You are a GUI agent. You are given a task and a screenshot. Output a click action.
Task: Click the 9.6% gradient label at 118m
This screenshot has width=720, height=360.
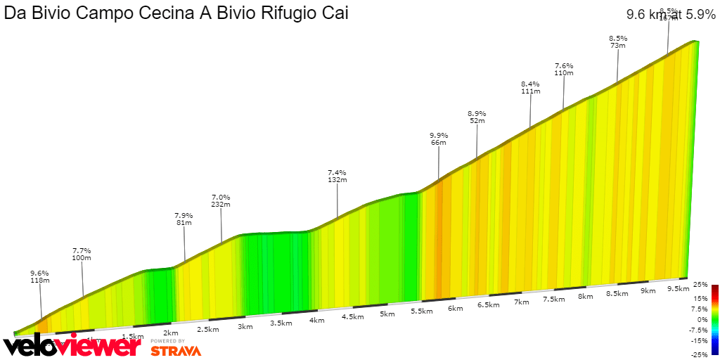pyautogui.click(x=39, y=273)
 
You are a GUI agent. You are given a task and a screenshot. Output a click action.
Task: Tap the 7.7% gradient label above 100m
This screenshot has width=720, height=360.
pyautogui.click(x=82, y=250)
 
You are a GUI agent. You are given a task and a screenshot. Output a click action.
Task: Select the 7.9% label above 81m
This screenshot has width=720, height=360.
pyautogui.click(x=184, y=215)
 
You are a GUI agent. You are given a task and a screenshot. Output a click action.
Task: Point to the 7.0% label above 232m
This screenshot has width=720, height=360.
pyautogui.click(x=221, y=197)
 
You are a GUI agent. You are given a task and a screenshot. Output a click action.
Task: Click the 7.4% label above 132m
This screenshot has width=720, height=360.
pyautogui.click(x=337, y=172)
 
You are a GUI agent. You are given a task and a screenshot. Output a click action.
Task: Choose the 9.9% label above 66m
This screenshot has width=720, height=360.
pyautogui.click(x=439, y=135)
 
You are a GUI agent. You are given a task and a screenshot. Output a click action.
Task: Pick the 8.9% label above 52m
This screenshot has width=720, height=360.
pyautogui.click(x=477, y=113)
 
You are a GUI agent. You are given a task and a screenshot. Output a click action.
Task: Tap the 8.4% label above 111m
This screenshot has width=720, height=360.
pyautogui.click(x=530, y=84)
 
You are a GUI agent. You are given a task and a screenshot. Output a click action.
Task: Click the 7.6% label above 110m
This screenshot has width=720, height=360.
pyautogui.click(x=564, y=65)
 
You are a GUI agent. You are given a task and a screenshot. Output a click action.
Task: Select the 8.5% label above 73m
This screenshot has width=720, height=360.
pyautogui.click(x=618, y=38)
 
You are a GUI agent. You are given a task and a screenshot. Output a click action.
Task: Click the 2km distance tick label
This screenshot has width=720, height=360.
pyautogui.click(x=169, y=333)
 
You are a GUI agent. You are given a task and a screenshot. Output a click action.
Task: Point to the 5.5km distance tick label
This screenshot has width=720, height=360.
pyautogui.click(x=420, y=311)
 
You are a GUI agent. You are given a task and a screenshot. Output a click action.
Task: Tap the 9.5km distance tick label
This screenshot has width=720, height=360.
pyautogui.click(x=677, y=288)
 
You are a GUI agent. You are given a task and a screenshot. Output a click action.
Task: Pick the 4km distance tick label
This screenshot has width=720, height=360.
pyautogui.click(x=317, y=320)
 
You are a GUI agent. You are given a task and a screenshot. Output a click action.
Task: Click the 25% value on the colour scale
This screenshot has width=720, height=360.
pyautogui.click(x=700, y=285)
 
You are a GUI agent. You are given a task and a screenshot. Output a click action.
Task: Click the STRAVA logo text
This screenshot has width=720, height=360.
pyautogui.click(x=176, y=350)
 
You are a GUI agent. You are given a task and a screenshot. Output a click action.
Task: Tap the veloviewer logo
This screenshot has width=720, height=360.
pyautogui.click(x=70, y=345)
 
